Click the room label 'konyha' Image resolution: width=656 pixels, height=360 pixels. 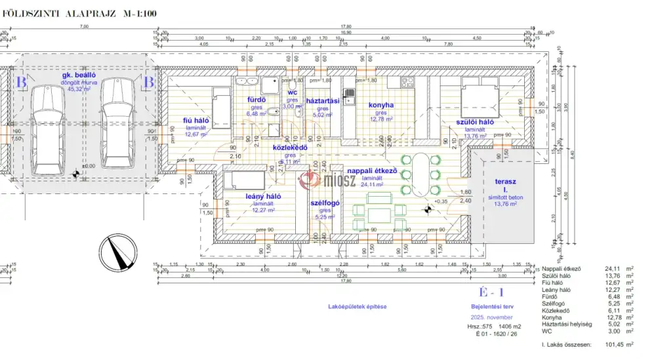[380, 105]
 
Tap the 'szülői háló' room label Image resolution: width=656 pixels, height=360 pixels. [476, 123]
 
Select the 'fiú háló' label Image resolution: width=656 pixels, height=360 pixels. [195, 120]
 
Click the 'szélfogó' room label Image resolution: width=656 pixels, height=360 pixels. [325, 203]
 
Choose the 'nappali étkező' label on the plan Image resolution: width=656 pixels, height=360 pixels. [372, 170]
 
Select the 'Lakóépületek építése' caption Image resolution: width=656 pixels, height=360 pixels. [358, 306]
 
